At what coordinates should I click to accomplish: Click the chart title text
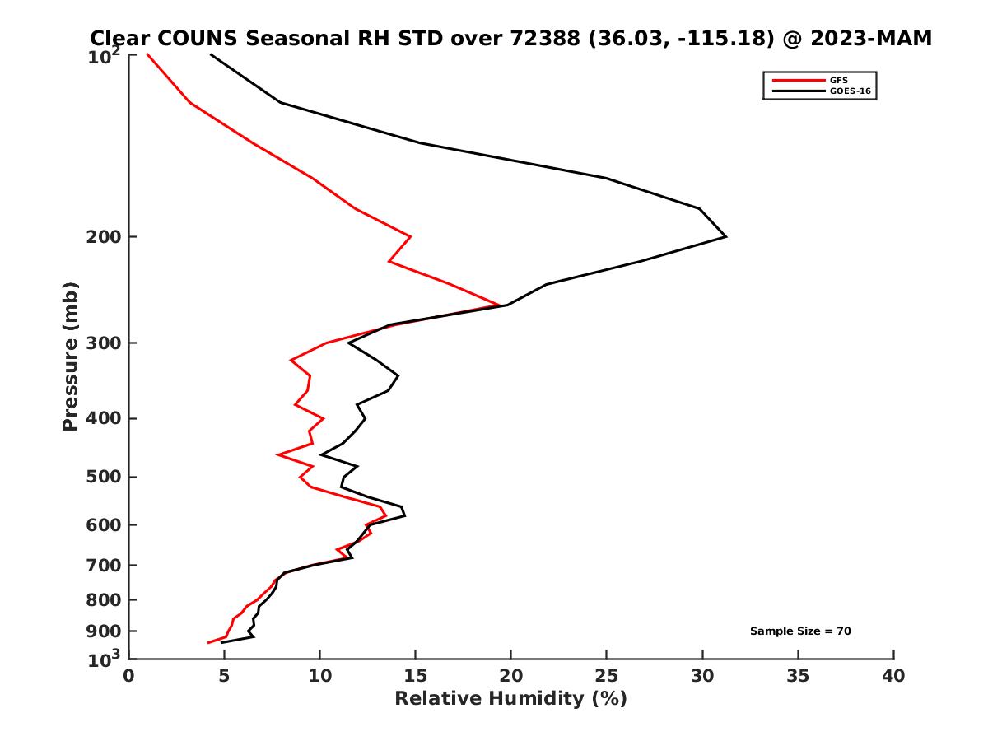[x=510, y=38]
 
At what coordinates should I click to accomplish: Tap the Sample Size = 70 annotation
[x=799, y=631]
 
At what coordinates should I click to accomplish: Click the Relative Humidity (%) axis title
[x=510, y=699]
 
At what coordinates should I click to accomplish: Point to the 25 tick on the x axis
[x=606, y=677]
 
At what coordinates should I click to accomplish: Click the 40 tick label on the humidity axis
[x=893, y=677]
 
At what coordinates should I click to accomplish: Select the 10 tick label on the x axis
[x=319, y=677]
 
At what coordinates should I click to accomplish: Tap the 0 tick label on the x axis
[x=128, y=677]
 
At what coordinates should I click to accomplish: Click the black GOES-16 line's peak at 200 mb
[x=725, y=237]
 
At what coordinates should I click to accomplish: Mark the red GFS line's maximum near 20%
[x=500, y=305]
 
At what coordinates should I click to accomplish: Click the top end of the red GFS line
[x=147, y=54]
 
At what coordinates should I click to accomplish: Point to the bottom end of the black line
[x=221, y=642]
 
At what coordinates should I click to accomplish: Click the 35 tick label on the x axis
[x=798, y=677]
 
